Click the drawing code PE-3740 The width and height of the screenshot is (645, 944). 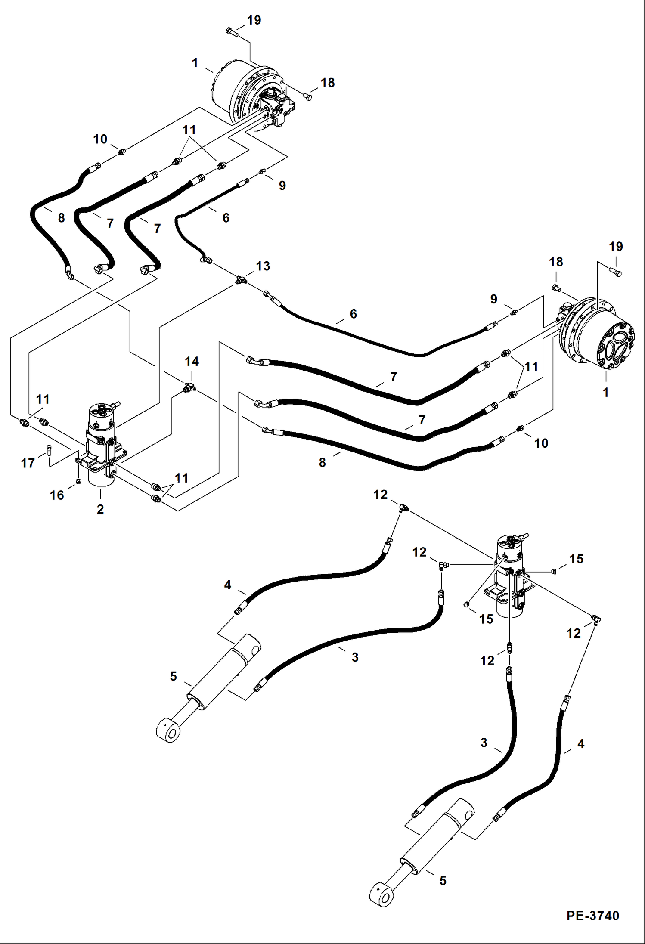[x=592, y=915]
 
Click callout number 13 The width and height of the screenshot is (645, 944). [x=263, y=266]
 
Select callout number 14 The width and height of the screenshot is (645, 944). [x=192, y=361]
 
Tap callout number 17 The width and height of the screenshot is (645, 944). [x=28, y=463]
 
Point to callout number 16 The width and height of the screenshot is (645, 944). [x=57, y=495]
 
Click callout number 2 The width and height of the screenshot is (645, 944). [x=100, y=509]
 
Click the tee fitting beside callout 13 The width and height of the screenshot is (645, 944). [x=239, y=280]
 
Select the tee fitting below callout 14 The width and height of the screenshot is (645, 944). [x=189, y=388]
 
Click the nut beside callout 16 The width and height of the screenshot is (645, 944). [x=78, y=481]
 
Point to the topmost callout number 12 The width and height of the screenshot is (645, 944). [x=380, y=495]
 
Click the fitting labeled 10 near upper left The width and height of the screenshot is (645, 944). [x=122, y=151]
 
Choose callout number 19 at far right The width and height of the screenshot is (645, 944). [x=616, y=247]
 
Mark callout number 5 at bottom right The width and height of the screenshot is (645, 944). [x=443, y=880]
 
